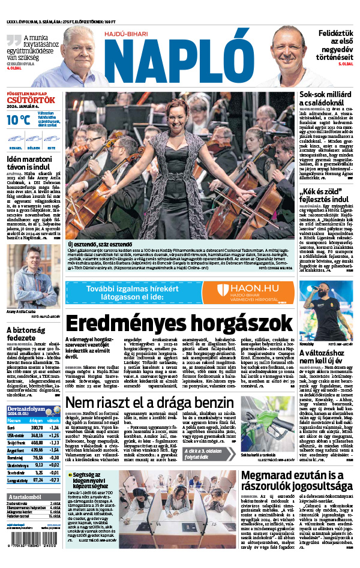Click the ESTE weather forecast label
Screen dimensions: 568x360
click(52, 146)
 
